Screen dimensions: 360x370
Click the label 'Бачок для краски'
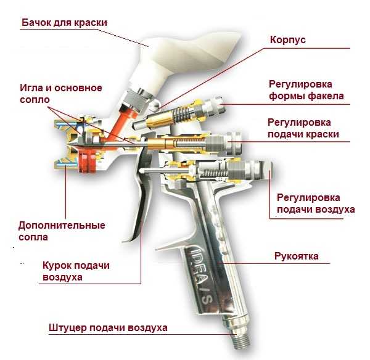(65, 23)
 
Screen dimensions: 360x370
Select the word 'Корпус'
(288, 39)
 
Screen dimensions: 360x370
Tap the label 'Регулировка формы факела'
(306, 90)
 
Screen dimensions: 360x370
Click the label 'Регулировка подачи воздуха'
(316, 203)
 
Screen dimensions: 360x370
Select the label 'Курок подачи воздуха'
(76, 271)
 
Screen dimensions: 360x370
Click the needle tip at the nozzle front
(70, 149)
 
